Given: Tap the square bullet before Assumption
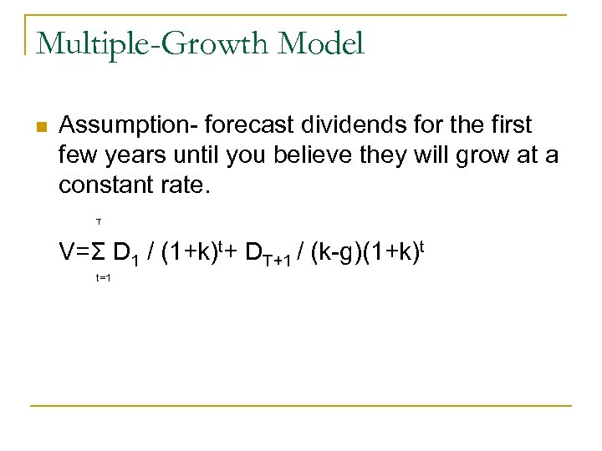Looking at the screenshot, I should [x=39, y=128].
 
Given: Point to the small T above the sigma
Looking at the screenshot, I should [x=98, y=222].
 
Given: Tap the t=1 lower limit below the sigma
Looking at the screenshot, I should [x=103, y=277].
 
